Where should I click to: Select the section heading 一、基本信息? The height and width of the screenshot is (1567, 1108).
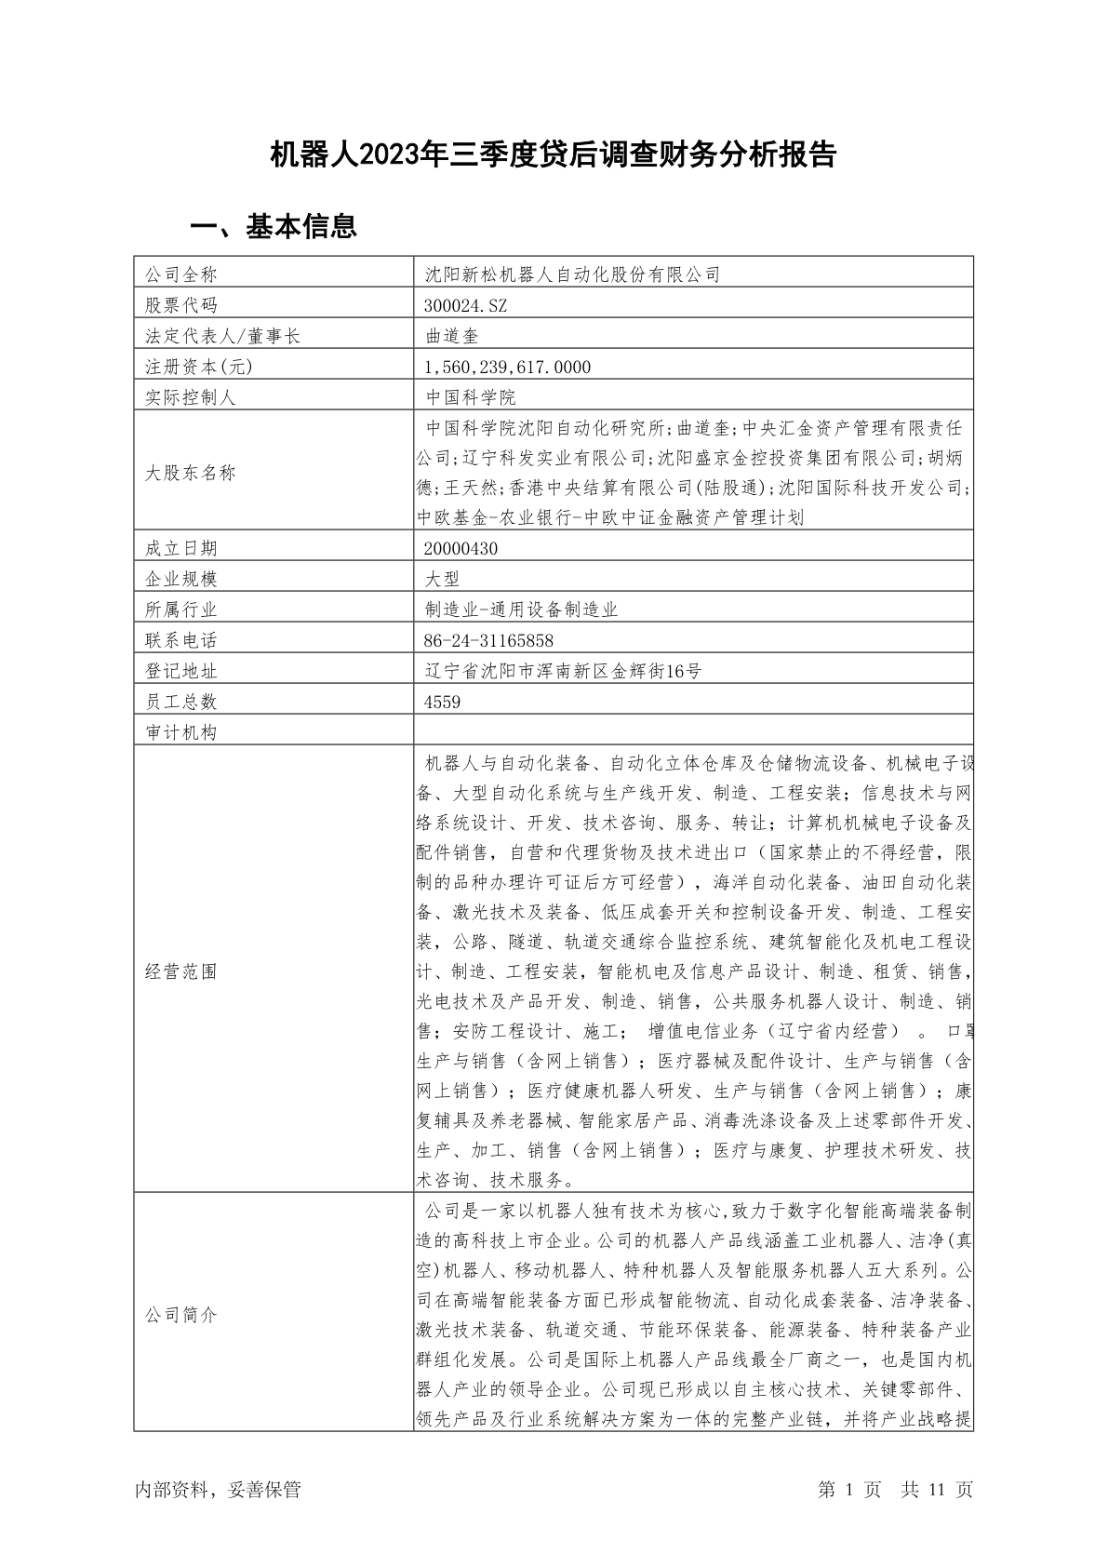(274, 226)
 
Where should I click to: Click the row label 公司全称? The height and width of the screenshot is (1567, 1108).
(180, 275)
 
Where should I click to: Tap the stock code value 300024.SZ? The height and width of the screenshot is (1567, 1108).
(465, 305)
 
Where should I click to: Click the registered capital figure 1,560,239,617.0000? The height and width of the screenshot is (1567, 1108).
(507, 367)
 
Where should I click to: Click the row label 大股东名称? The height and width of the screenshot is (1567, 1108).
(190, 473)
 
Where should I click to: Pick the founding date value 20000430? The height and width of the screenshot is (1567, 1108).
(461, 548)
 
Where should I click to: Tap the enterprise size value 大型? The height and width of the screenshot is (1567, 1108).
(442, 579)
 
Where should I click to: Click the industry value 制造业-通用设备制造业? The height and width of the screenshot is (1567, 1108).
(521, 609)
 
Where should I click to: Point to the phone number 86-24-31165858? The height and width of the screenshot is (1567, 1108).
(488, 640)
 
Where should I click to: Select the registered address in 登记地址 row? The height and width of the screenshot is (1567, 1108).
(562, 671)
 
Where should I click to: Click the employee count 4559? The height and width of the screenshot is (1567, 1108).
(442, 702)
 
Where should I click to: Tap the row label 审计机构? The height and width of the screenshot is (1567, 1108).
(180, 732)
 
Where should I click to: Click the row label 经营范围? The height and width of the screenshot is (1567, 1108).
(180, 971)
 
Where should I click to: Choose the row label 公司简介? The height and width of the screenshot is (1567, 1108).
(180, 1316)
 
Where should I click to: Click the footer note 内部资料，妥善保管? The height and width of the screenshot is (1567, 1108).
(218, 1490)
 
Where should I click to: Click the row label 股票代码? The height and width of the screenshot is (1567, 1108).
(180, 305)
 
